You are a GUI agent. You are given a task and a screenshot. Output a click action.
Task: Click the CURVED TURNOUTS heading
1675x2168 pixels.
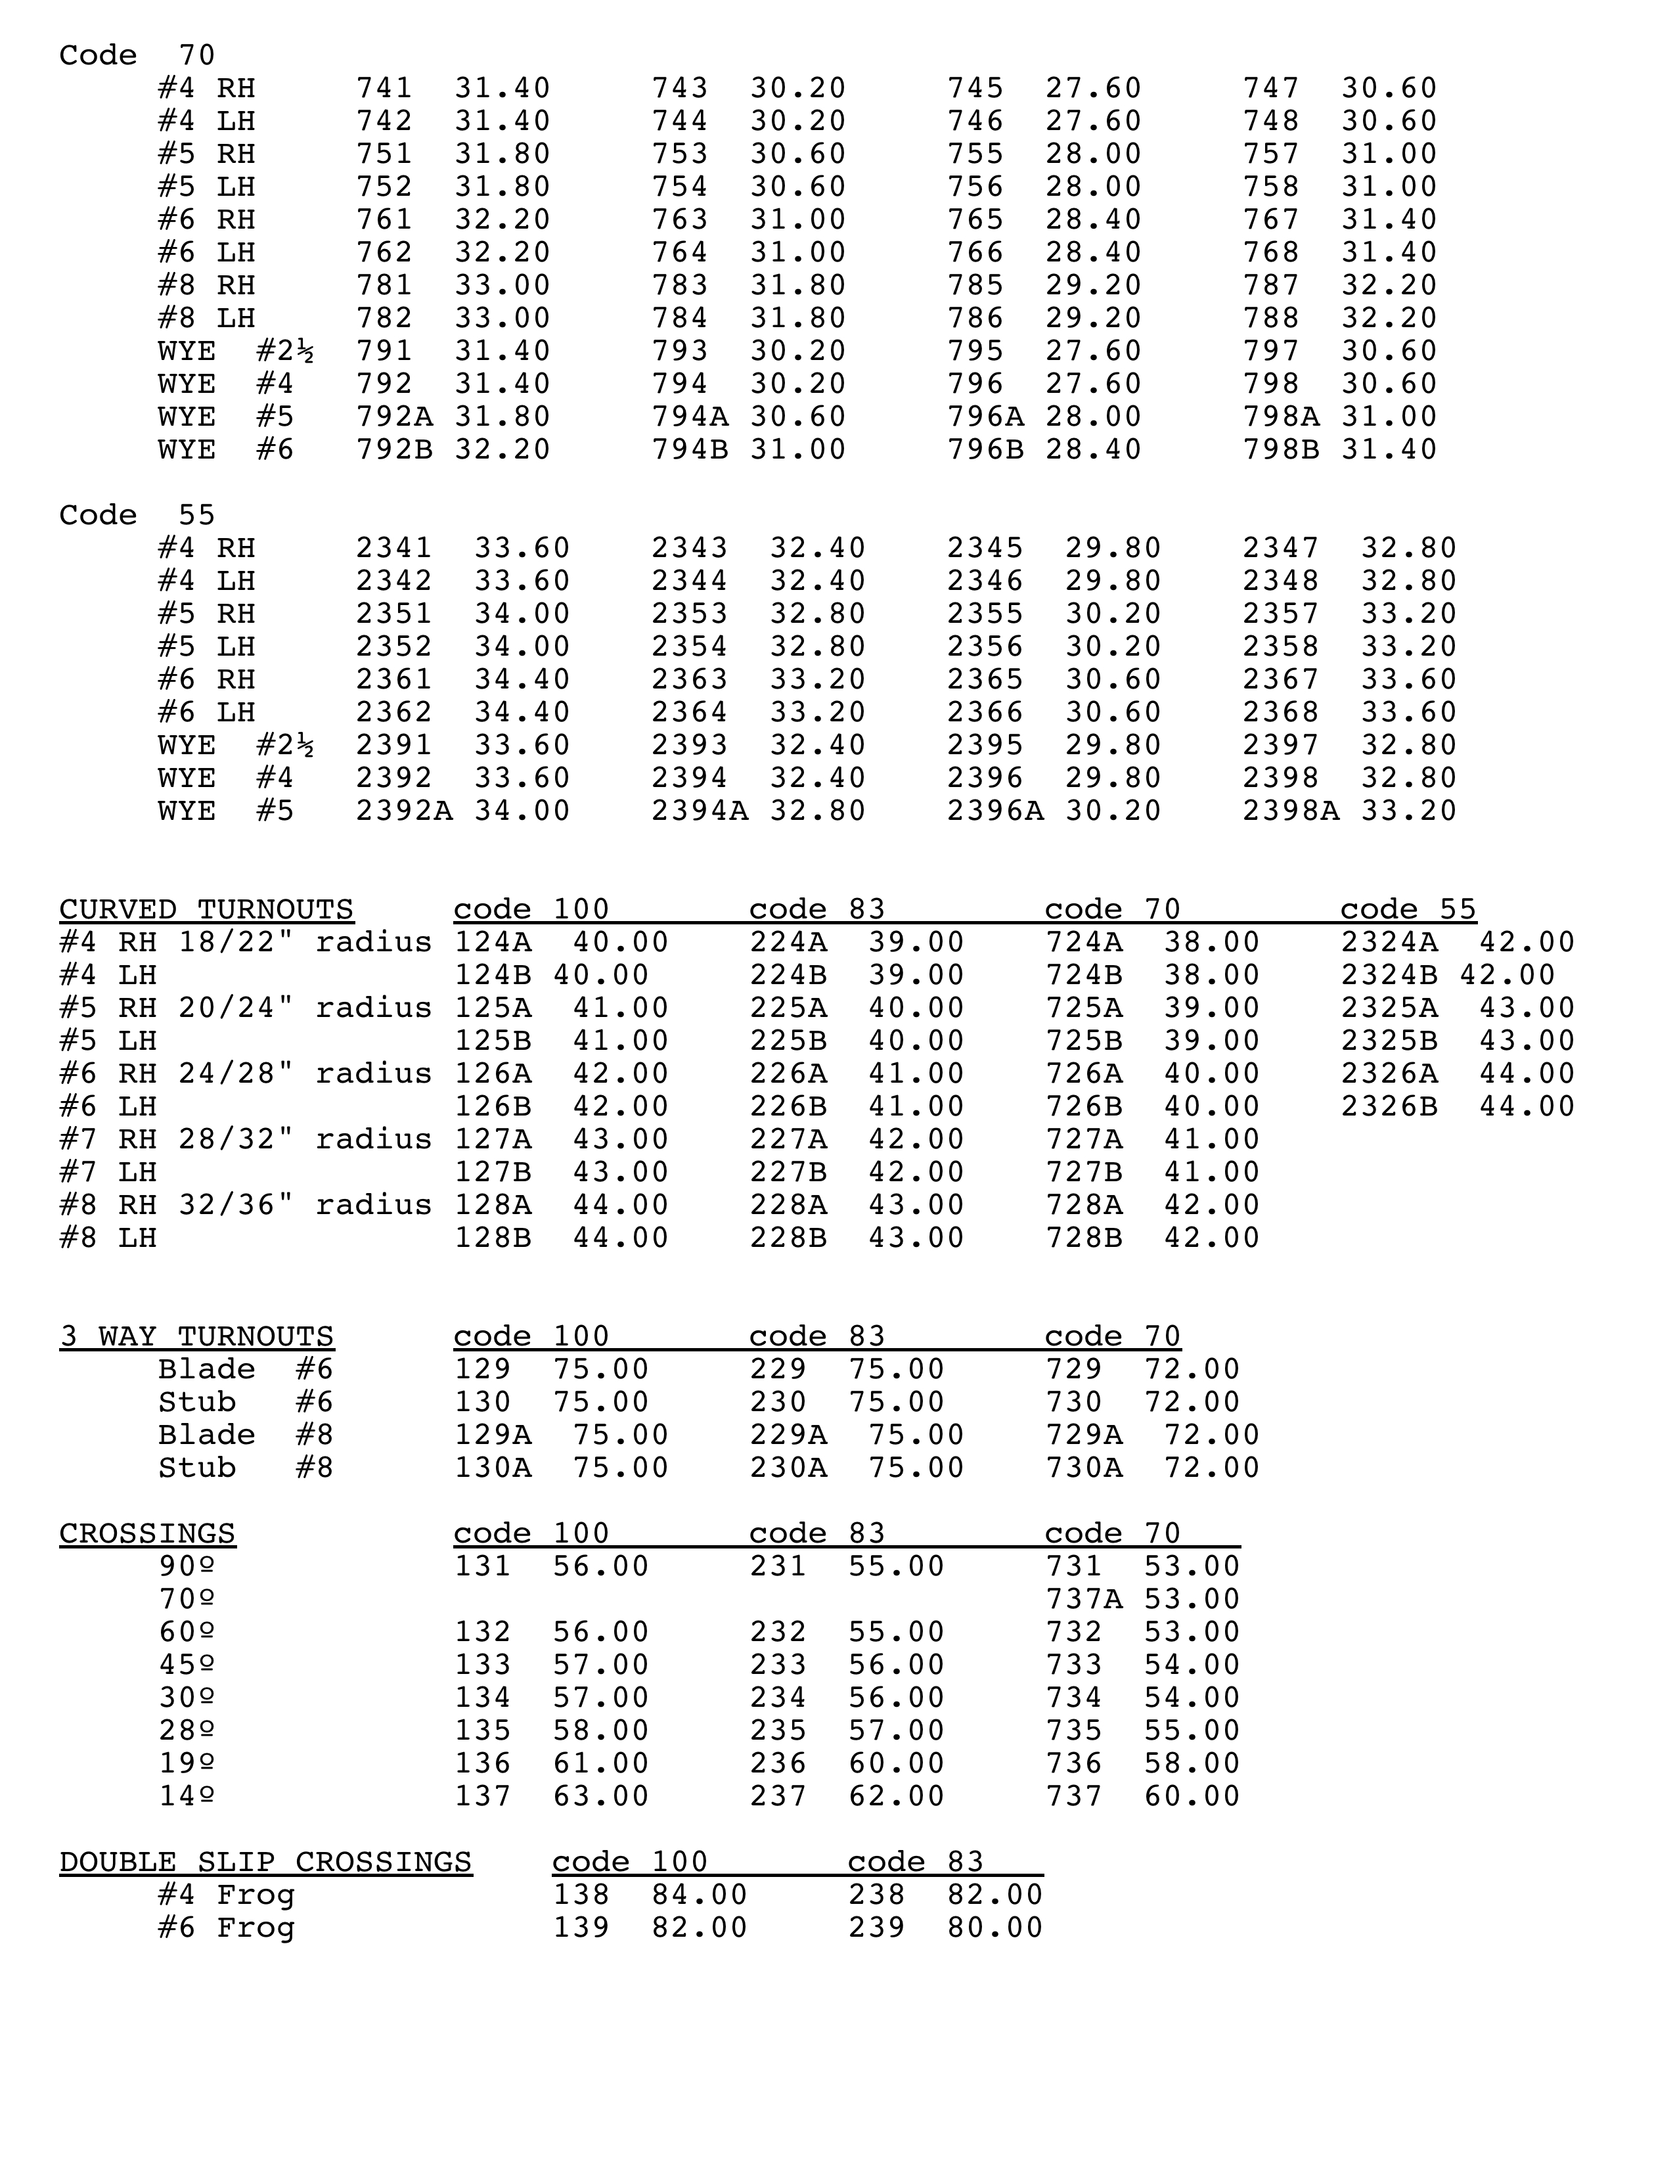206,909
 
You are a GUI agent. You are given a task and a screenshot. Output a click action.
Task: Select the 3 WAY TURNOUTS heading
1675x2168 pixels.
196,1336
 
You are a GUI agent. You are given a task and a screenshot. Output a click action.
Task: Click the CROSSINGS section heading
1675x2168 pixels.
147,1533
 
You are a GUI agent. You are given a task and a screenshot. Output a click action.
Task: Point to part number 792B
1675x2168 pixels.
394,449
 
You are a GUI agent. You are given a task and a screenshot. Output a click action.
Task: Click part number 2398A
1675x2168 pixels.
1291,811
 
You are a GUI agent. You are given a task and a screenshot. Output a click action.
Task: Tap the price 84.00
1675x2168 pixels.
700,1895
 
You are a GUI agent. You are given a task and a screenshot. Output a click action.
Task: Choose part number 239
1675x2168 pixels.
876,1928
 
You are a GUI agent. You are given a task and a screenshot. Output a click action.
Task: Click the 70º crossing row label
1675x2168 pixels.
187,1599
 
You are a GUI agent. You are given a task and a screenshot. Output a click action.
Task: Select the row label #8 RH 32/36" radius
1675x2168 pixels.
245,1205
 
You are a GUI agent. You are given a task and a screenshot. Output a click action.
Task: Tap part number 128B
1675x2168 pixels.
492,1238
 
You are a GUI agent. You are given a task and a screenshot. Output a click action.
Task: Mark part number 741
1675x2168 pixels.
384,88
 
